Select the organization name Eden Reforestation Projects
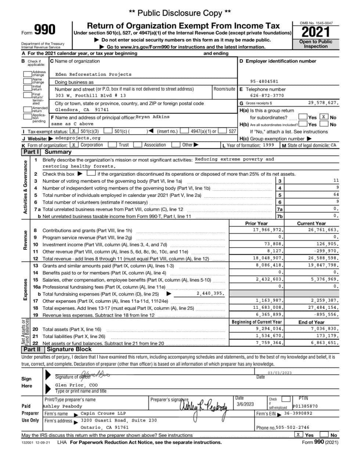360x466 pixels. click(x=93, y=74)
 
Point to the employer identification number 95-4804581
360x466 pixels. click(x=264, y=82)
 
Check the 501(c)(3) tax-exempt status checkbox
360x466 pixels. click(x=74, y=131)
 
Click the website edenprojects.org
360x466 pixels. click(x=78, y=138)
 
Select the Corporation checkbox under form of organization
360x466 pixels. click(x=74, y=145)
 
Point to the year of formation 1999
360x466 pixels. click(x=268, y=145)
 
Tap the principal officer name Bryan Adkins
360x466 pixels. click(x=152, y=117)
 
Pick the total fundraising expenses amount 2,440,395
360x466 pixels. click(x=210, y=294)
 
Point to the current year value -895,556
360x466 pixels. click(x=325, y=315)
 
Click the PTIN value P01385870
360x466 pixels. click(x=305, y=406)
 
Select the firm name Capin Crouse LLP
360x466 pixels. click(x=103, y=413)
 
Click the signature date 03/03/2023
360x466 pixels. click(x=280, y=373)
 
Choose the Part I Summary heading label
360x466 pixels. click(x=47, y=152)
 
